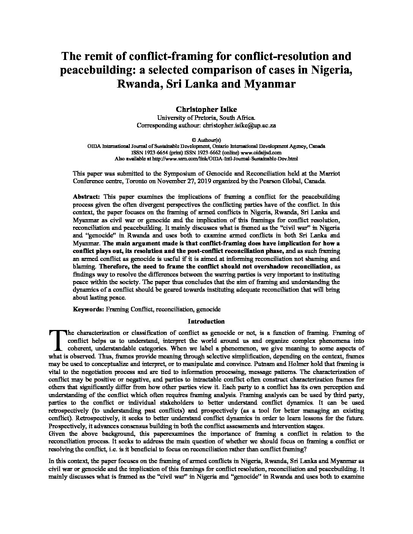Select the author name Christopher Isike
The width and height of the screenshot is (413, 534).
[206, 110]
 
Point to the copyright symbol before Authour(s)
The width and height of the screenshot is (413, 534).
[183, 140]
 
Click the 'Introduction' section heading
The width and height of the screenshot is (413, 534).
[206, 321]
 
